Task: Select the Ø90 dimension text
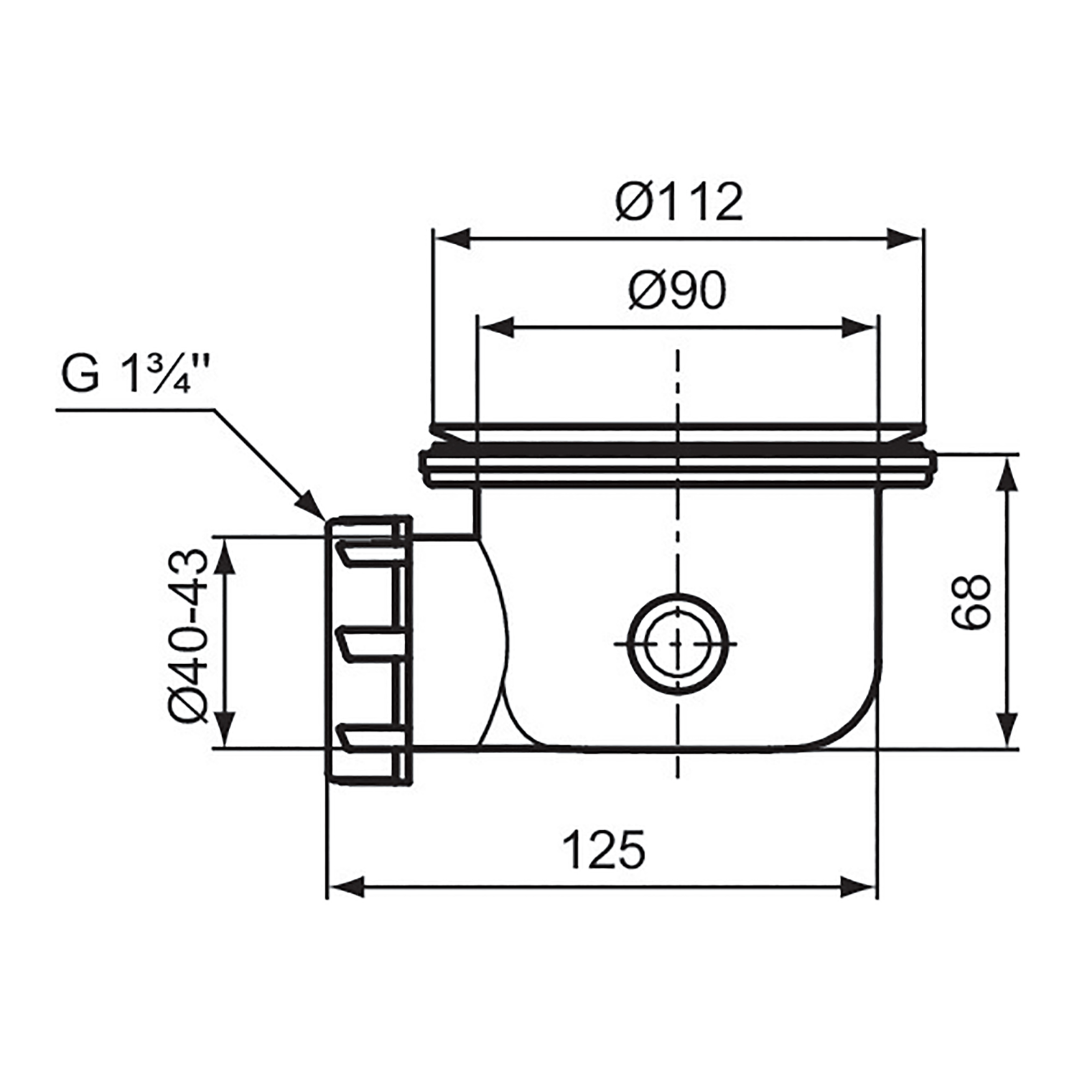point(677,291)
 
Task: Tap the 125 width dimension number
point(603,850)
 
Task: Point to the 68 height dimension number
point(971,602)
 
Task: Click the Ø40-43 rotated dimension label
point(188,635)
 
